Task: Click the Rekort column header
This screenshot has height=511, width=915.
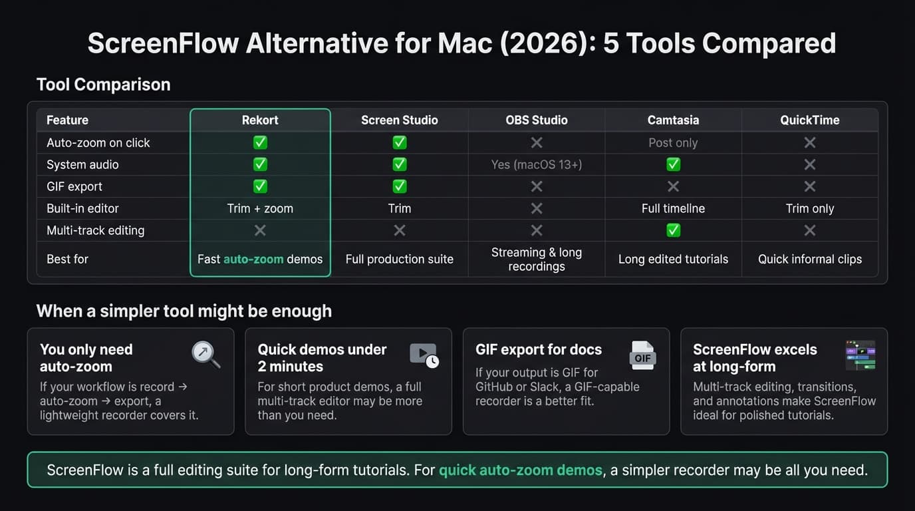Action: [x=260, y=120]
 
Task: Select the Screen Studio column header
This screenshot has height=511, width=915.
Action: [x=399, y=120]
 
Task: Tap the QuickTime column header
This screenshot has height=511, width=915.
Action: [x=809, y=120]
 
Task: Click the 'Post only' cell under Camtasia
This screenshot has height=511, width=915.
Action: [x=673, y=143]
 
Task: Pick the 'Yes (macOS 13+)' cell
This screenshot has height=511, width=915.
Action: [x=536, y=164]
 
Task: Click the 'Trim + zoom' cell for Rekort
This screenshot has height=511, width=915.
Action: [x=260, y=208]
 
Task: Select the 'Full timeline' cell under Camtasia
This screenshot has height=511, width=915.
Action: [x=673, y=208]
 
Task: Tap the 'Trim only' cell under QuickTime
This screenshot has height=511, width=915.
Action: [x=809, y=208]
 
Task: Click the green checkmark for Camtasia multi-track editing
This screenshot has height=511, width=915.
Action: [x=673, y=230]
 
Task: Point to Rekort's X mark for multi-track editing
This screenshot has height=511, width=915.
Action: [x=260, y=230]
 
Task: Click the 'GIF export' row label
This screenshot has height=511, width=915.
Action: [x=74, y=186]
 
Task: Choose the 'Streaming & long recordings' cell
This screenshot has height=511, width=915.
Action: [x=536, y=259]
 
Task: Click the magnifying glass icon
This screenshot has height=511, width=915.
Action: [x=205, y=354]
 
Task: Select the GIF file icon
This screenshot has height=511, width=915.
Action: [x=642, y=355]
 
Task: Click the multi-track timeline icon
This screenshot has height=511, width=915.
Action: [x=860, y=355]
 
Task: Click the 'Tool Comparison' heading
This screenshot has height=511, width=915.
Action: [x=103, y=85]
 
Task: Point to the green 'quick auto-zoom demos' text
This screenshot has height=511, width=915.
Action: [x=520, y=470]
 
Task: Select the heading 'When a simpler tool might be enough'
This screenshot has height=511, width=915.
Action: [x=184, y=311]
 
